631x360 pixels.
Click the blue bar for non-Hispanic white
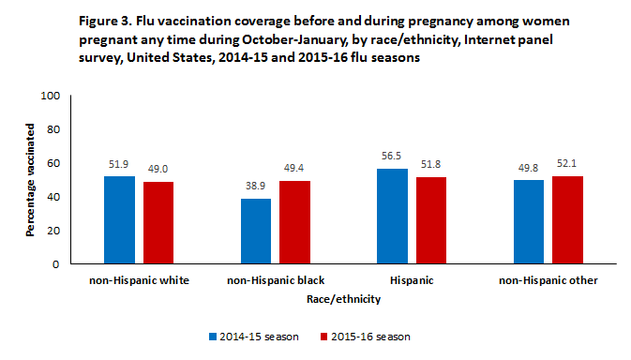(119, 220)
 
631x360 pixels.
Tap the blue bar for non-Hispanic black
(256, 232)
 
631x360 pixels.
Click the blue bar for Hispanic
(393, 217)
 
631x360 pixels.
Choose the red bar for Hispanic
(432, 220)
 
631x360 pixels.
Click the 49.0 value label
(158, 172)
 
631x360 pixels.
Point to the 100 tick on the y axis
(51, 96)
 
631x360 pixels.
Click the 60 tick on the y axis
(53, 163)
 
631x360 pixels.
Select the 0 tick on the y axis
(56, 264)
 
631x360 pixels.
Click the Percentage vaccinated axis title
(31, 180)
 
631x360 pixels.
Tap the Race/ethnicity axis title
(343, 299)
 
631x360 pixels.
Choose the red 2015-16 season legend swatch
(325, 336)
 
